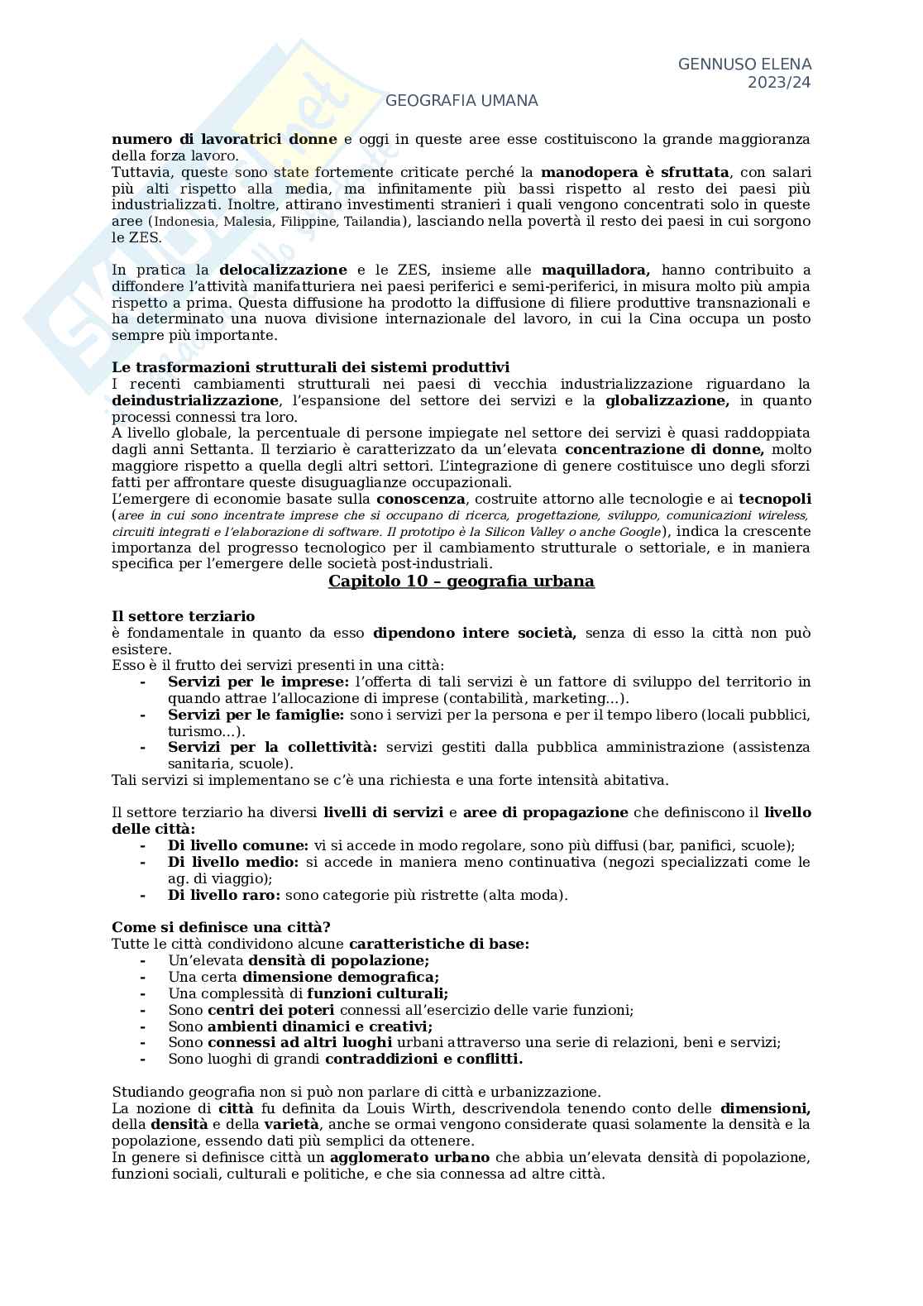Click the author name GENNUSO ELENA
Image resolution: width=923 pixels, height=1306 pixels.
744,65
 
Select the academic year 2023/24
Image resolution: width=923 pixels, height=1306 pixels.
779,83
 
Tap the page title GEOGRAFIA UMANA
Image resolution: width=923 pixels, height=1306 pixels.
461,101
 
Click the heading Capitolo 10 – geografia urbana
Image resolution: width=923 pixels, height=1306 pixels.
461,581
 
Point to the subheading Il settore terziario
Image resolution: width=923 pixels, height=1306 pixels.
183,617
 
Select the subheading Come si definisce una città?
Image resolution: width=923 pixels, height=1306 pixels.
221,927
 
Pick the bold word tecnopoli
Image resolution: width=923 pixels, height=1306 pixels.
774,500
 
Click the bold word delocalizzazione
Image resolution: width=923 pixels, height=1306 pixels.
283,270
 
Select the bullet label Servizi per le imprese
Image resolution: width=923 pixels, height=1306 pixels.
258,682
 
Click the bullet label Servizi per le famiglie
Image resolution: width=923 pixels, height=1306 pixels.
256,715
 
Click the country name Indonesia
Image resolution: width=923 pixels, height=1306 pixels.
184,222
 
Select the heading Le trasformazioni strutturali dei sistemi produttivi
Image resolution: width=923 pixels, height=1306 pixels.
310,368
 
